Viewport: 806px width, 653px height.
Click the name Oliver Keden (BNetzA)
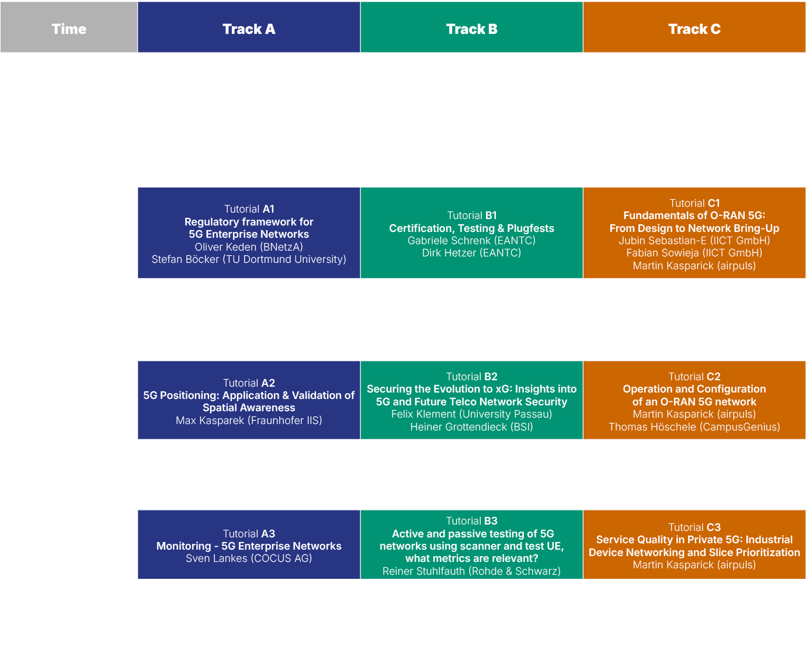tap(249, 246)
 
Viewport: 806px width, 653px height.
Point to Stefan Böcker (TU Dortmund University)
tap(249, 259)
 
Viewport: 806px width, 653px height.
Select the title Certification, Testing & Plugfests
tap(471, 228)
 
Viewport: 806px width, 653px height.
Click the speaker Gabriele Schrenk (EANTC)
tap(471, 241)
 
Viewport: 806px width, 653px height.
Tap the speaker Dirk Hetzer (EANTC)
tap(471, 253)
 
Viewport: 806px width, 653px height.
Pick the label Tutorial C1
tap(694, 203)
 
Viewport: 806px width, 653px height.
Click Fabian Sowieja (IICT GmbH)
tap(694, 253)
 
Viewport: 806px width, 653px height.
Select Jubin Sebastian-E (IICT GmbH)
tap(694, 241)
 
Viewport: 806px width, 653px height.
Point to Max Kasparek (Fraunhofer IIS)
tap(249, 421)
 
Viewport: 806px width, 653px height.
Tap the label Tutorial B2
tap(471, 377)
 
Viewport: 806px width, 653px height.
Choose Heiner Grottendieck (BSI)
tap(471, 427)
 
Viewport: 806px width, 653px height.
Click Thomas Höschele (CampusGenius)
tap(694, 427)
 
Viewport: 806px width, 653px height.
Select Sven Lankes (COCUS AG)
tap(249, 558)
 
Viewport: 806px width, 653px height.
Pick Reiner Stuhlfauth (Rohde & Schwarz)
tap(471, 571)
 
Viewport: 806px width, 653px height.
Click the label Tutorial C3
tap(694, 527)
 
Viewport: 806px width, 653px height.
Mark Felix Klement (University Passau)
tap(471, 414)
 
